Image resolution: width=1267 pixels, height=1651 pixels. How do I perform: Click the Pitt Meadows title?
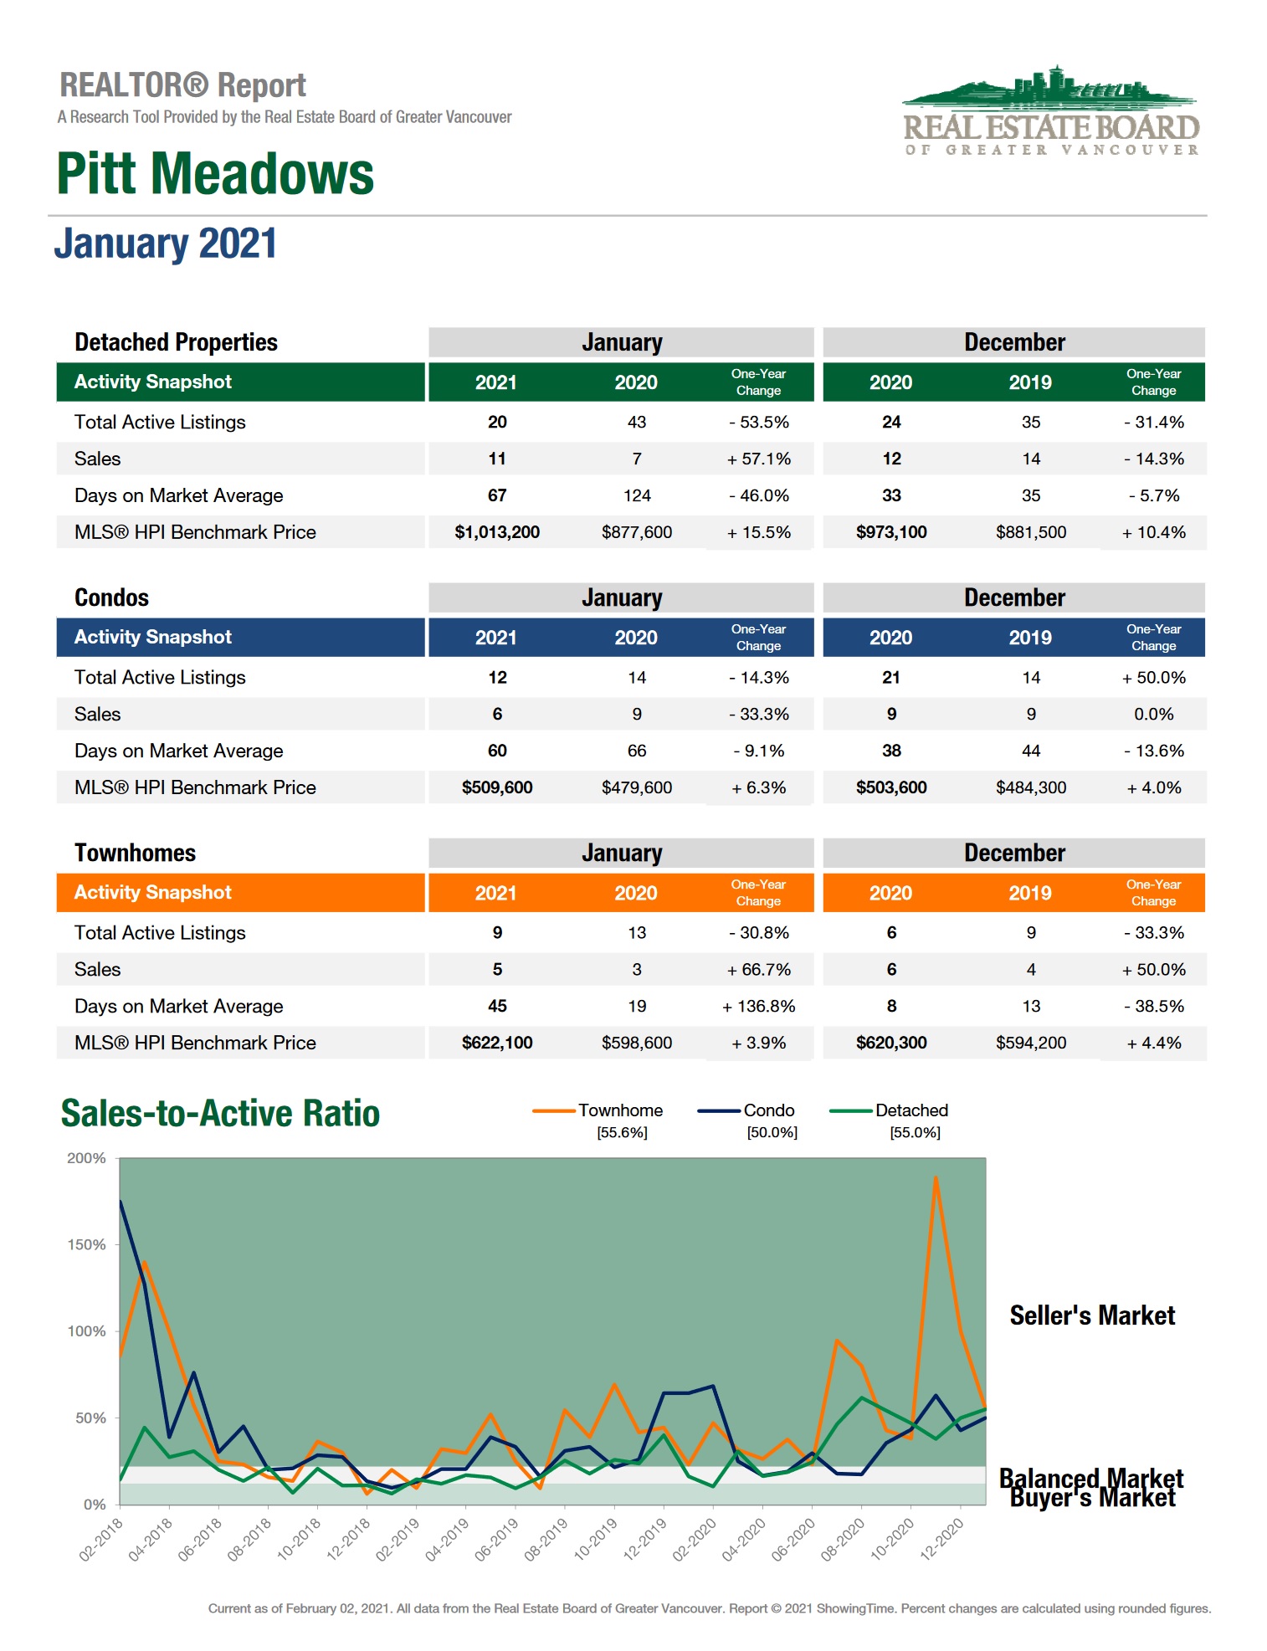(215, 173)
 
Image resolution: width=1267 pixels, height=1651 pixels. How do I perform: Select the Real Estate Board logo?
(1051, 112)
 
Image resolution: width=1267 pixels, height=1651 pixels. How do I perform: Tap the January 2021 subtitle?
(166, 244)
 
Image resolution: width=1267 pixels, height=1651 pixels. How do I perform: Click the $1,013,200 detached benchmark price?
(497, 532)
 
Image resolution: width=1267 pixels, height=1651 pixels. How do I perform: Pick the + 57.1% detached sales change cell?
(758, 459)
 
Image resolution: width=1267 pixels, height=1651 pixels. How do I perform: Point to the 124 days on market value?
(637, 495)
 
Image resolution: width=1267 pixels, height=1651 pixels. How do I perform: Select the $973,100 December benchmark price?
(891, 532)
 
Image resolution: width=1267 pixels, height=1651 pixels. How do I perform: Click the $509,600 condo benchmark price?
(497, 787)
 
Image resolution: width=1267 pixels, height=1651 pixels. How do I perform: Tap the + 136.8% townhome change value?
(758, 1006)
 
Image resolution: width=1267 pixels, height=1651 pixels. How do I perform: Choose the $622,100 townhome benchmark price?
(497, 1043)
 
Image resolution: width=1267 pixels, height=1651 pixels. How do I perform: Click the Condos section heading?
(111, 597)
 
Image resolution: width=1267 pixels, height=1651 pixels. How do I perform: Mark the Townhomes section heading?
(135, 853)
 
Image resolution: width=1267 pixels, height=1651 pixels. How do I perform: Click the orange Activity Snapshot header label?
(152, 892)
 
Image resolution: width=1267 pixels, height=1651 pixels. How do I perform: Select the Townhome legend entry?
(620, 1110)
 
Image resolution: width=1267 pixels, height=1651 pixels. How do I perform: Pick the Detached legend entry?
(911, 1110)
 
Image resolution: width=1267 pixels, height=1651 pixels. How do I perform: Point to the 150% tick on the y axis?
(86, 1244)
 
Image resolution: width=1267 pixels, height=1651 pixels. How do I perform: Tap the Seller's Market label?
(1092, 1315)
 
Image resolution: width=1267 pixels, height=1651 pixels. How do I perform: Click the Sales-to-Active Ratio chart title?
(220, 1114)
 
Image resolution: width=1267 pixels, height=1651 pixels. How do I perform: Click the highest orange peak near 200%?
(935, 1177)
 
